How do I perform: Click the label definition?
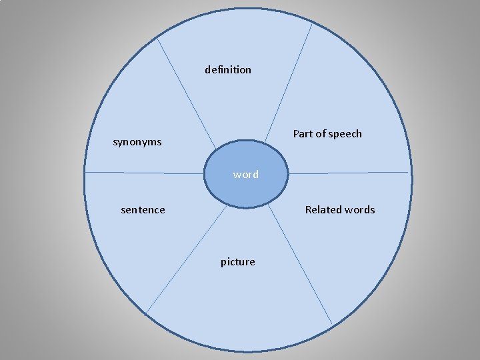click(228, 69)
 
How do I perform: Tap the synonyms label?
click(137, 142)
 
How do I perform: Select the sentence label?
click(143, 210)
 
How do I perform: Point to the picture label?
click(238, 262)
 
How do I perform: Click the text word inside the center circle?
click(246, 175)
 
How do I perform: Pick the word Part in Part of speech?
click(303, 134)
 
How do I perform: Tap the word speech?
click(346, 134)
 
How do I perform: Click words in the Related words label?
click(360, 210)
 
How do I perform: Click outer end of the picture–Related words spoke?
click(331, 324)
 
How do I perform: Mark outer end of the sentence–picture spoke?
click(146, 313)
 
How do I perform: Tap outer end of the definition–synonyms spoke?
click(157, 38)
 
